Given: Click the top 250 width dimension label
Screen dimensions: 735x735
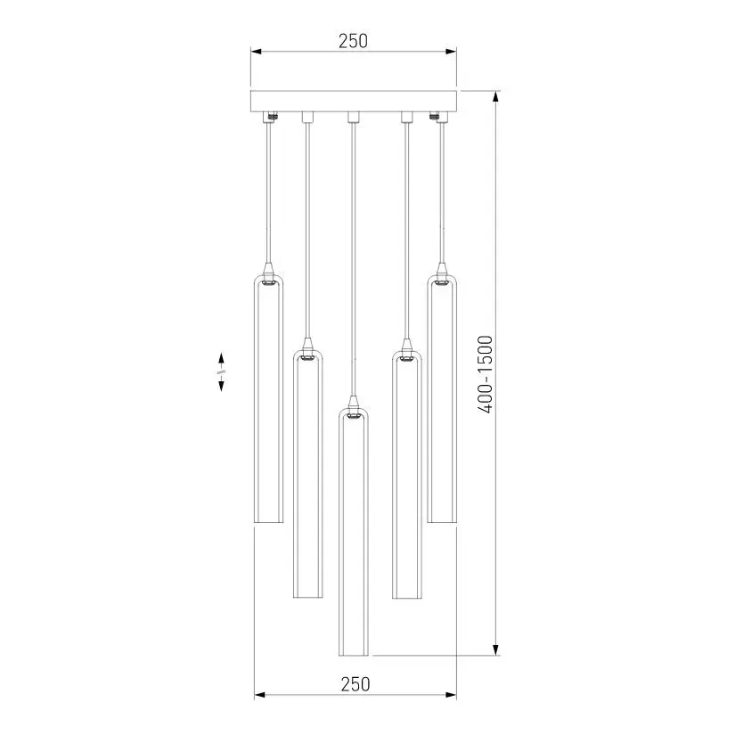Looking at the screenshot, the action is pos(353,41).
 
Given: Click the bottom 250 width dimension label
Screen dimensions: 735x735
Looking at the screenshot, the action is pos(355,684).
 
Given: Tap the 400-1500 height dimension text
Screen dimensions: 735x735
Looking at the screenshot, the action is pos(486,374).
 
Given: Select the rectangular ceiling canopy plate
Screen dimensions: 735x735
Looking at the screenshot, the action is pos(354,101).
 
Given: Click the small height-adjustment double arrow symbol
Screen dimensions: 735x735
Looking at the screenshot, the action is pos(221,372).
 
